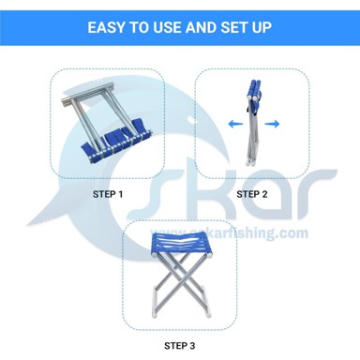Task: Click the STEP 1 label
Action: click(x=108, y=194)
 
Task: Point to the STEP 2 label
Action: click(x=252, y=194)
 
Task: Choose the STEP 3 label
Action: click(x=180, y=346)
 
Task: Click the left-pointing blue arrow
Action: click(x=235, y=124)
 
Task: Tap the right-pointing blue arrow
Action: click(x=272, y=124)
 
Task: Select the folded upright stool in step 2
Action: click(x=253, y=123)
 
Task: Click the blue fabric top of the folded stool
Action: click(x=254, y=90)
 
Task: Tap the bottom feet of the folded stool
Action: click(x=250, y=162)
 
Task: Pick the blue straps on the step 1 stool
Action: click(x=114, y=141)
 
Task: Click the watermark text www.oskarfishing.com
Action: click(x=229, y=233)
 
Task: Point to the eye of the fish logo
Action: click(x=190, y=119)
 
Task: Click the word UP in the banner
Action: click(x=261, y=27)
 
